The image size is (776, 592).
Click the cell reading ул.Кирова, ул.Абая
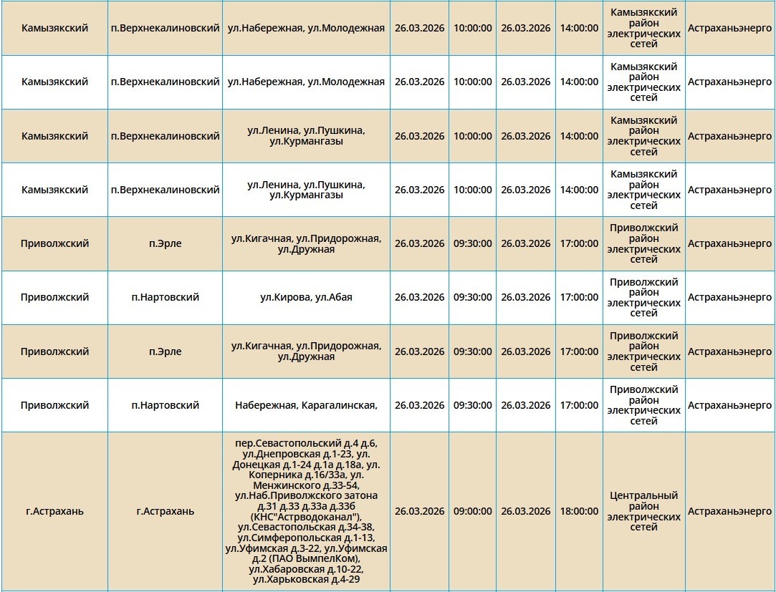click(x=306, y=297)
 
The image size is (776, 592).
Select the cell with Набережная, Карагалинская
click(x=306, y=405)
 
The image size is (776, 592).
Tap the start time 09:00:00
click(x=472, y=511)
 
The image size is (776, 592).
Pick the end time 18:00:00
click(x=579, y=511)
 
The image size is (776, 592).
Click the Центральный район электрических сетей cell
click(x=643, y=511)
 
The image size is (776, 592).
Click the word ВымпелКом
click(x=330, y=558)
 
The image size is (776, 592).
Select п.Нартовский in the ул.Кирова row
click(x=165, y=297)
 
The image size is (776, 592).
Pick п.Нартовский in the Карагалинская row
click(x=165, y=405)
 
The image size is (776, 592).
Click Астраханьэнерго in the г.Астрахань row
click(x=729, y=511)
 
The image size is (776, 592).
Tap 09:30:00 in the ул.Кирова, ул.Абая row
click(x=472, y=297)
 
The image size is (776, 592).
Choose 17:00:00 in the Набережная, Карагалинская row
click(x=579, y=405)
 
